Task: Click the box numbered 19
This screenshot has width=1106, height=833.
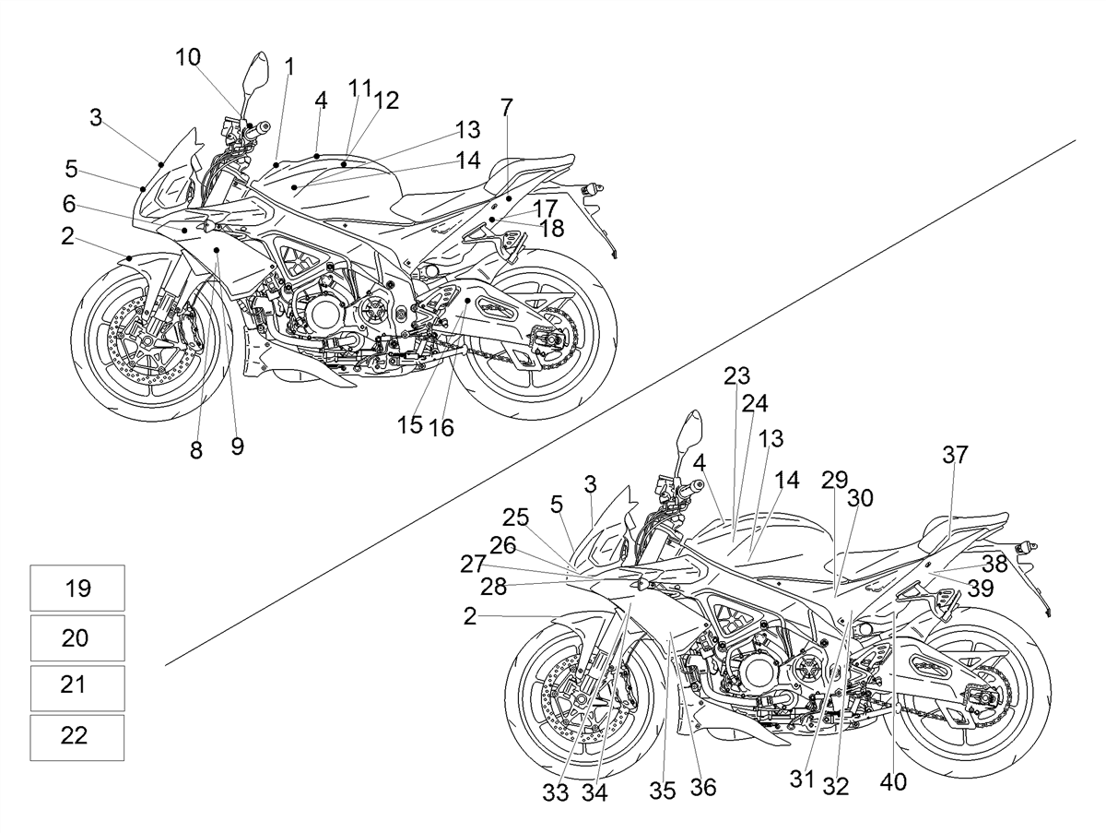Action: tap(77, 588)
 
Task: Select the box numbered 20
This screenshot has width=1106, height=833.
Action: tap(77, 637)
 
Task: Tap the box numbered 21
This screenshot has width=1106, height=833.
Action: tap(77, 688)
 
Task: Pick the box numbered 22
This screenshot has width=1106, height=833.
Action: tap(77, 737)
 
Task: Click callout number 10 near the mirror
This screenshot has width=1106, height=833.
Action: tap(188, 57)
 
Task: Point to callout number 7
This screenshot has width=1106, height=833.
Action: tap(506, 107)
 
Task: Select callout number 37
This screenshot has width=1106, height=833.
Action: tap(956, 455)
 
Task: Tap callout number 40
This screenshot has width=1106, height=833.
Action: tap(893, 782)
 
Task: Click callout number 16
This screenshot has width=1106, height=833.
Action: tap(441, 428)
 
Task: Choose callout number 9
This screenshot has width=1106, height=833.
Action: tap(237, 446)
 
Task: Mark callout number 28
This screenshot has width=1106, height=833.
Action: tap(493, 587)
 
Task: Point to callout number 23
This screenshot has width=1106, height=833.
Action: tap(737, 375)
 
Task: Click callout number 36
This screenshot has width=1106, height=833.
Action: tap(703, 787)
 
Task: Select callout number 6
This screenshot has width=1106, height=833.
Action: tap(69, 204)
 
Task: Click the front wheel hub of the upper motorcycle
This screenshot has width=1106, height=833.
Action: tap(147, 341)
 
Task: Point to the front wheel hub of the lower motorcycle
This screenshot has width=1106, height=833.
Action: tap(582, 699)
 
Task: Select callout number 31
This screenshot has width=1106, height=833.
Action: tap(802, 779)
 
